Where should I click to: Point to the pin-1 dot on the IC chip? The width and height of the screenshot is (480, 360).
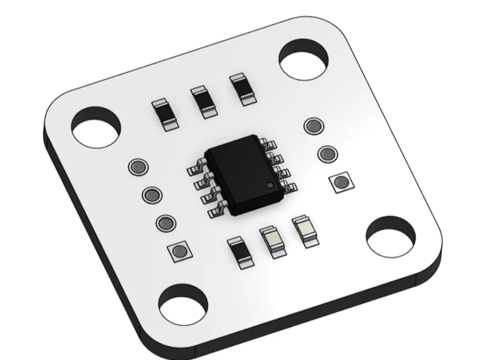269,184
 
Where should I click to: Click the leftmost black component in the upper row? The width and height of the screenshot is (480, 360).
166,114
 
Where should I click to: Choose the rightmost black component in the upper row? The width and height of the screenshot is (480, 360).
242,88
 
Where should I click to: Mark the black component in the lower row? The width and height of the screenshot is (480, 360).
240,253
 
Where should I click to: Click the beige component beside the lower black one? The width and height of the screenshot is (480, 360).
273,240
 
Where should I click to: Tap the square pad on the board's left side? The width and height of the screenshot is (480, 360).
179,252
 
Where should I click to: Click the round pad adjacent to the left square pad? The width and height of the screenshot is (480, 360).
165,223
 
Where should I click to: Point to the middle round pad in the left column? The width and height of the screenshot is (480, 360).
151,194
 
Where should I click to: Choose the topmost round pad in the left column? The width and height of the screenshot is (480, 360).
137,166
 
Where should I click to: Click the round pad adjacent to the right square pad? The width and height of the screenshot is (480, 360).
327,153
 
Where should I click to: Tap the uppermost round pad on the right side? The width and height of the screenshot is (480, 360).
313,126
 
